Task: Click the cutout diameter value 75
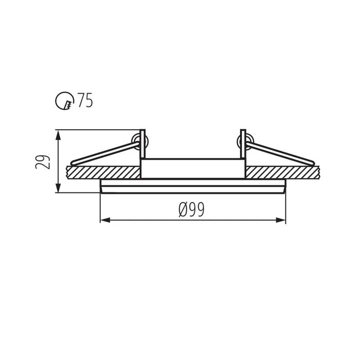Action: pyautogui.click(x=85, y=100)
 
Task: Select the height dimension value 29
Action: pyautogui.click(x=43, y=162)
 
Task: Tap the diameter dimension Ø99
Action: pyautogui.click(x=191, y=210)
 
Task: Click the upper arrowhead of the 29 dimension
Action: pyautogui.click(x=58, y=135)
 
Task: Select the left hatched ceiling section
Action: pyautogui.click(x=103, y=172)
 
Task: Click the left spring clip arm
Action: pyautogui.click(x=103, y=153)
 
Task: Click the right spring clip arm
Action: pyautogui.click(x=281, y=153)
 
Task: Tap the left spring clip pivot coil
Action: pyautogui.click(x=135, y=141)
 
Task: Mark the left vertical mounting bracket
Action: pyautogui.click(x=143, y=144)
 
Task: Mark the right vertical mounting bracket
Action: pyautogui.click(x=243, y=144)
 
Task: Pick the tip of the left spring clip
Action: pyautogui.click(x=73, y=162)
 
